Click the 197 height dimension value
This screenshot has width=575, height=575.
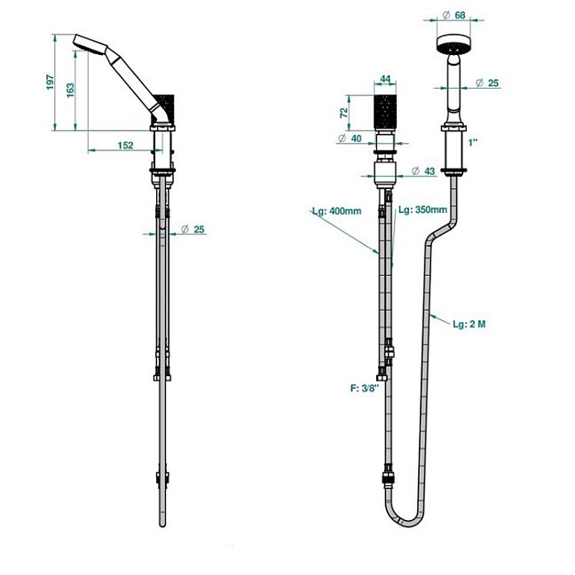tap(51, 83)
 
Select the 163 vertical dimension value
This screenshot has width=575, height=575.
tap(70, 91)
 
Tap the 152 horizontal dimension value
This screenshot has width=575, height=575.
tap(125, 146)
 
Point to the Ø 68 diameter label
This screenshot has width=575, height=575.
tap(454, 15)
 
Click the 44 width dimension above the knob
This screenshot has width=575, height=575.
tap(385, 79)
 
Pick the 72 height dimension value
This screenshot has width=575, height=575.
tap(343, 113)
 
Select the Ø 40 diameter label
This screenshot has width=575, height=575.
tap(350, 138)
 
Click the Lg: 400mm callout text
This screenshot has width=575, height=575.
tap(336, 211)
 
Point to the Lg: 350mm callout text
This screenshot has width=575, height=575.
tap(422, 209)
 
